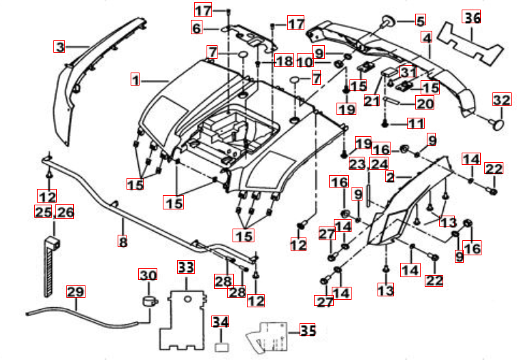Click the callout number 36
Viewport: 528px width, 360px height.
tap(472, 17)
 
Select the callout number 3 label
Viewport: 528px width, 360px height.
tap(60, 47)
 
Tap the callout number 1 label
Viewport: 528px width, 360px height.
tap(135, 80)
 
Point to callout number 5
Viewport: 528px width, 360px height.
tap(419, 21)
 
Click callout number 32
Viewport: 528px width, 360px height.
tap(501, 101)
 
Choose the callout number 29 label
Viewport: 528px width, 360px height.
tap(75, 292)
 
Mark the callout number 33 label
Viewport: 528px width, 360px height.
tap(186, 266)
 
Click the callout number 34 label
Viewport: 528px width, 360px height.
tap(220, 322)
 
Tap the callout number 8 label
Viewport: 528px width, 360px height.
tap(123, 242)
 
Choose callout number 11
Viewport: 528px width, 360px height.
tap(415, 124)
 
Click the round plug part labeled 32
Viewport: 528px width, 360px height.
tap(498, 124)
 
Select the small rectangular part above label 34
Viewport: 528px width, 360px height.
tap(221, 347)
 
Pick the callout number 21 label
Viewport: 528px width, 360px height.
tap(371, 101)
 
